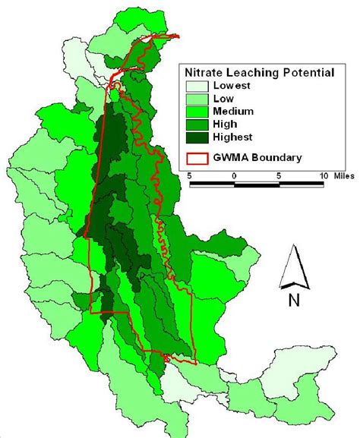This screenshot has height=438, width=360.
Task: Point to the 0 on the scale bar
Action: coord(235,175)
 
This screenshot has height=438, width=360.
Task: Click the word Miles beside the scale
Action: coord(345,175)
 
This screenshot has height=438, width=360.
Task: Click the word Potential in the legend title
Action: coord(302,73)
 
